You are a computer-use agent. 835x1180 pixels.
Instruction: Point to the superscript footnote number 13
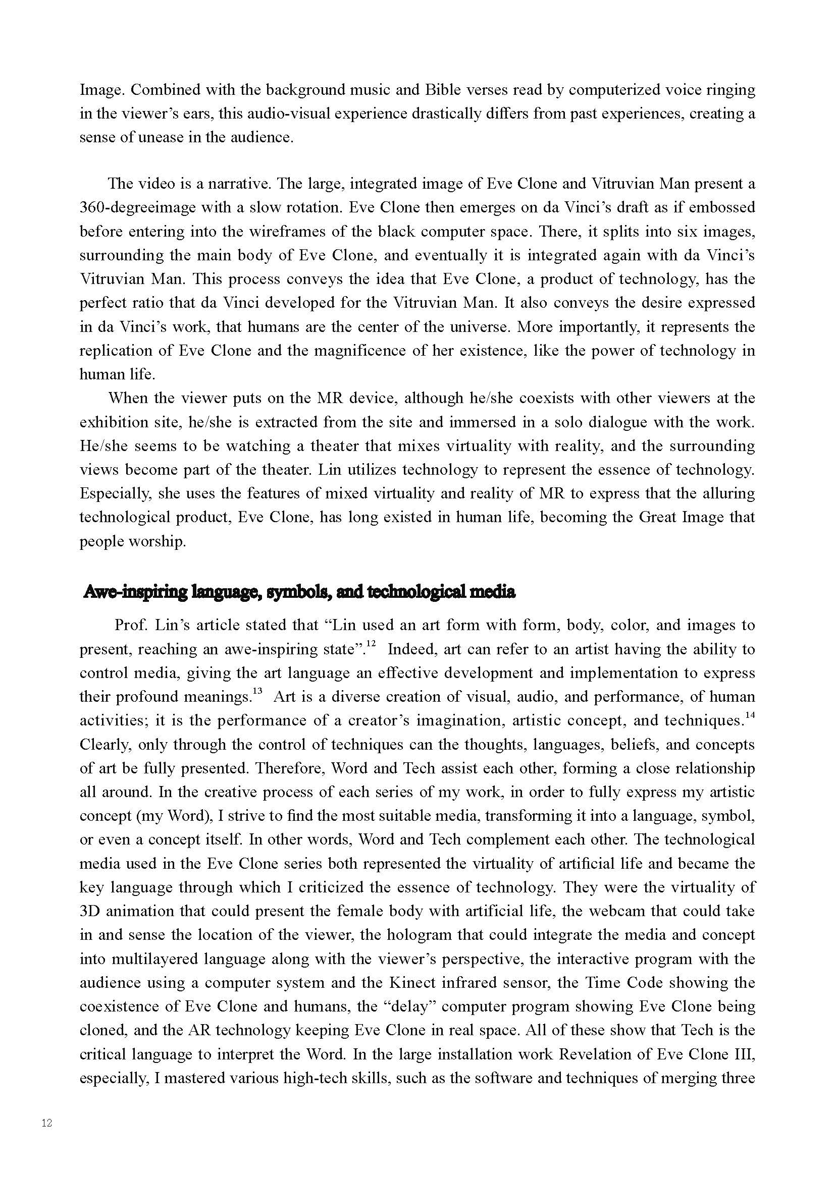coord(257,692)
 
